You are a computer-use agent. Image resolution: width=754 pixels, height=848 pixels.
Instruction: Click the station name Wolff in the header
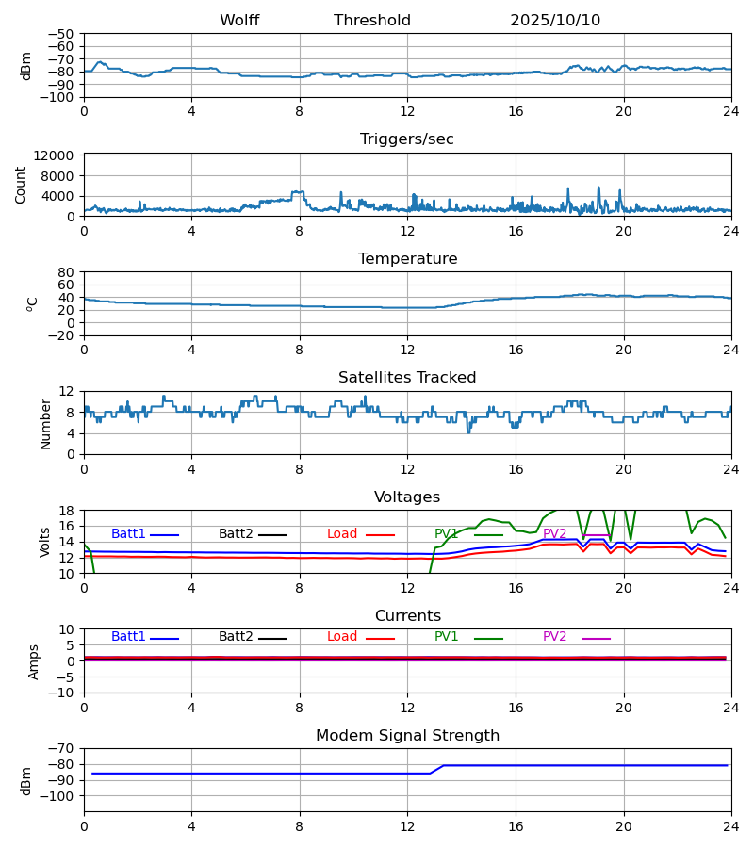239,21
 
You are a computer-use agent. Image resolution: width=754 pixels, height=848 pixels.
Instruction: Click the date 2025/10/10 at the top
555,21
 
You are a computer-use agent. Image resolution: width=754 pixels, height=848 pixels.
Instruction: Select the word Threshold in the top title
372,21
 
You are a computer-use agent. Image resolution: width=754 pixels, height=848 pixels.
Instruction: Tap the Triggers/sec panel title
407,139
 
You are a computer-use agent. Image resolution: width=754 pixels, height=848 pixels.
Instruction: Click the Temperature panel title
407,259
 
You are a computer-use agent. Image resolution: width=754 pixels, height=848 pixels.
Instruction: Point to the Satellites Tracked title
407,378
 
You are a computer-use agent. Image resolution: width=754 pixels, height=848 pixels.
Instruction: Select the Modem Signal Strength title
407,736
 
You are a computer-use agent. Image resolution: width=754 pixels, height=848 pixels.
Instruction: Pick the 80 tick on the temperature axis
67,272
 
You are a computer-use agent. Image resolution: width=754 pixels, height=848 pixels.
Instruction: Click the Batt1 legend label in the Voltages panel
128,534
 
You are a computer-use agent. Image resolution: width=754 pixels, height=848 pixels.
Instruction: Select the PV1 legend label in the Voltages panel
446,534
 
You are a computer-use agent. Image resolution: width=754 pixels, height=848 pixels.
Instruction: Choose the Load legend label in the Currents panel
342,637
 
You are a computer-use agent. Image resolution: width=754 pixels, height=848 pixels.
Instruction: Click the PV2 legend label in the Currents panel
554,637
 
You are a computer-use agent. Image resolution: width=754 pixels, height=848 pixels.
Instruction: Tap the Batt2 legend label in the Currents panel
236,637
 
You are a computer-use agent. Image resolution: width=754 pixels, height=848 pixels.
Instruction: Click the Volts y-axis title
46,542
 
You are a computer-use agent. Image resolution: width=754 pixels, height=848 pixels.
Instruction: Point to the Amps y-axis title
35,661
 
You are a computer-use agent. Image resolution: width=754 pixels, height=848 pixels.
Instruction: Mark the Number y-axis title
46,423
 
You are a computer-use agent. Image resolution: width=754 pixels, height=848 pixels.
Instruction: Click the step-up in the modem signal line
437,769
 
